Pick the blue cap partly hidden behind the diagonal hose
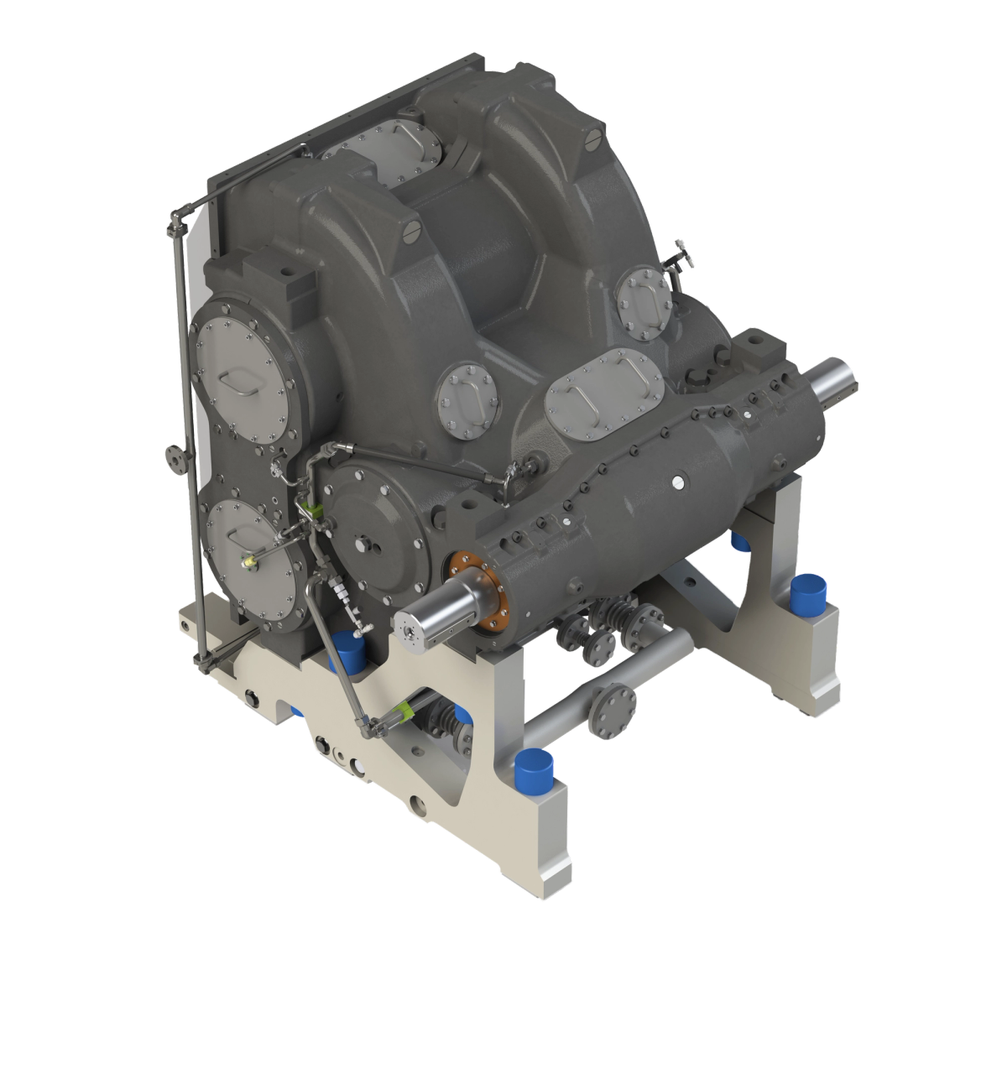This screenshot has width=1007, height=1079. pyautogui.click(x=347, y=649)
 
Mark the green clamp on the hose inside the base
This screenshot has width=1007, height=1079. pyautogui.click(x=404, y=712)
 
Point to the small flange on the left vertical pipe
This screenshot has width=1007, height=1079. pyautogui.click(x=174, y=458)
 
